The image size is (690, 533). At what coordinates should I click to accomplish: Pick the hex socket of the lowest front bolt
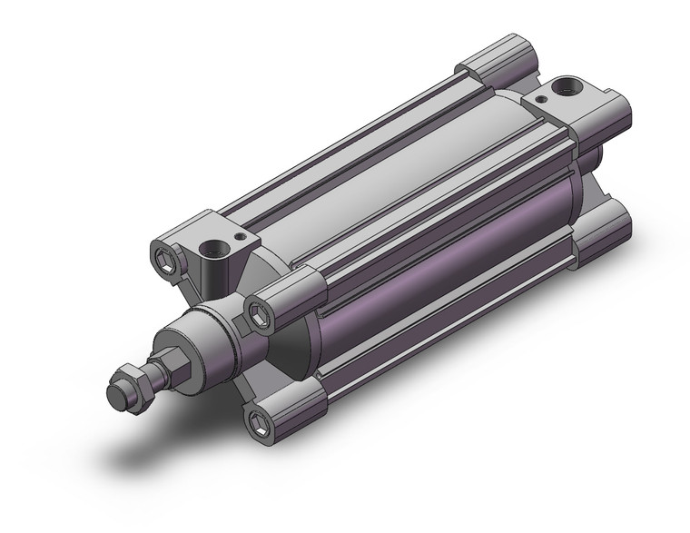pos(261,419)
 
